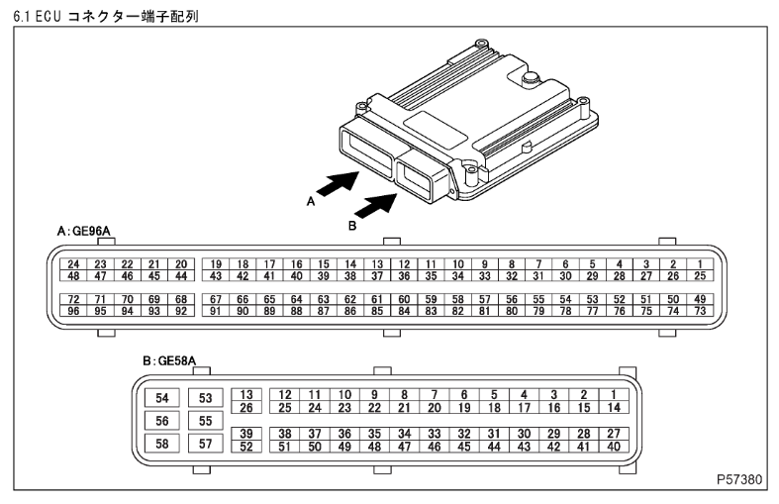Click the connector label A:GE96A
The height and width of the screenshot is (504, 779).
pyautogui.click(x=84, y=231)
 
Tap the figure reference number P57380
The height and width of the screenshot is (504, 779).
pyautogui.click(x=739, y=479)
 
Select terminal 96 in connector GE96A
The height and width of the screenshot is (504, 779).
pyautogui.click(x=73, y=310)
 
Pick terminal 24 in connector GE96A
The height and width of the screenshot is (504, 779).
pyautogui.click(x=73, y=264)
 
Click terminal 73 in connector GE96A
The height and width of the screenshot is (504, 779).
pyautogui.click(x=699, y=310)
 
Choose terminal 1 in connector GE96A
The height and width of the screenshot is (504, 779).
pyautogui.click(x=699, y=264)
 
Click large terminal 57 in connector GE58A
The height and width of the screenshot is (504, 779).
pyautogui.click(x=207, y=443)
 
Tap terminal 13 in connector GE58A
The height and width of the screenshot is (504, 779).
pyautogui.click(x=247, y=395)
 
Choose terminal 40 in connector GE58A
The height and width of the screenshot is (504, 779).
pyautogui.click(x=614, y=446)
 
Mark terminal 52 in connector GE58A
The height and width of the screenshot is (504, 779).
pyautogui.click(x=247, y=446)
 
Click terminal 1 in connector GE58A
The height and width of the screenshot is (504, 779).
pyautogui.click(x=614, y=395)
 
